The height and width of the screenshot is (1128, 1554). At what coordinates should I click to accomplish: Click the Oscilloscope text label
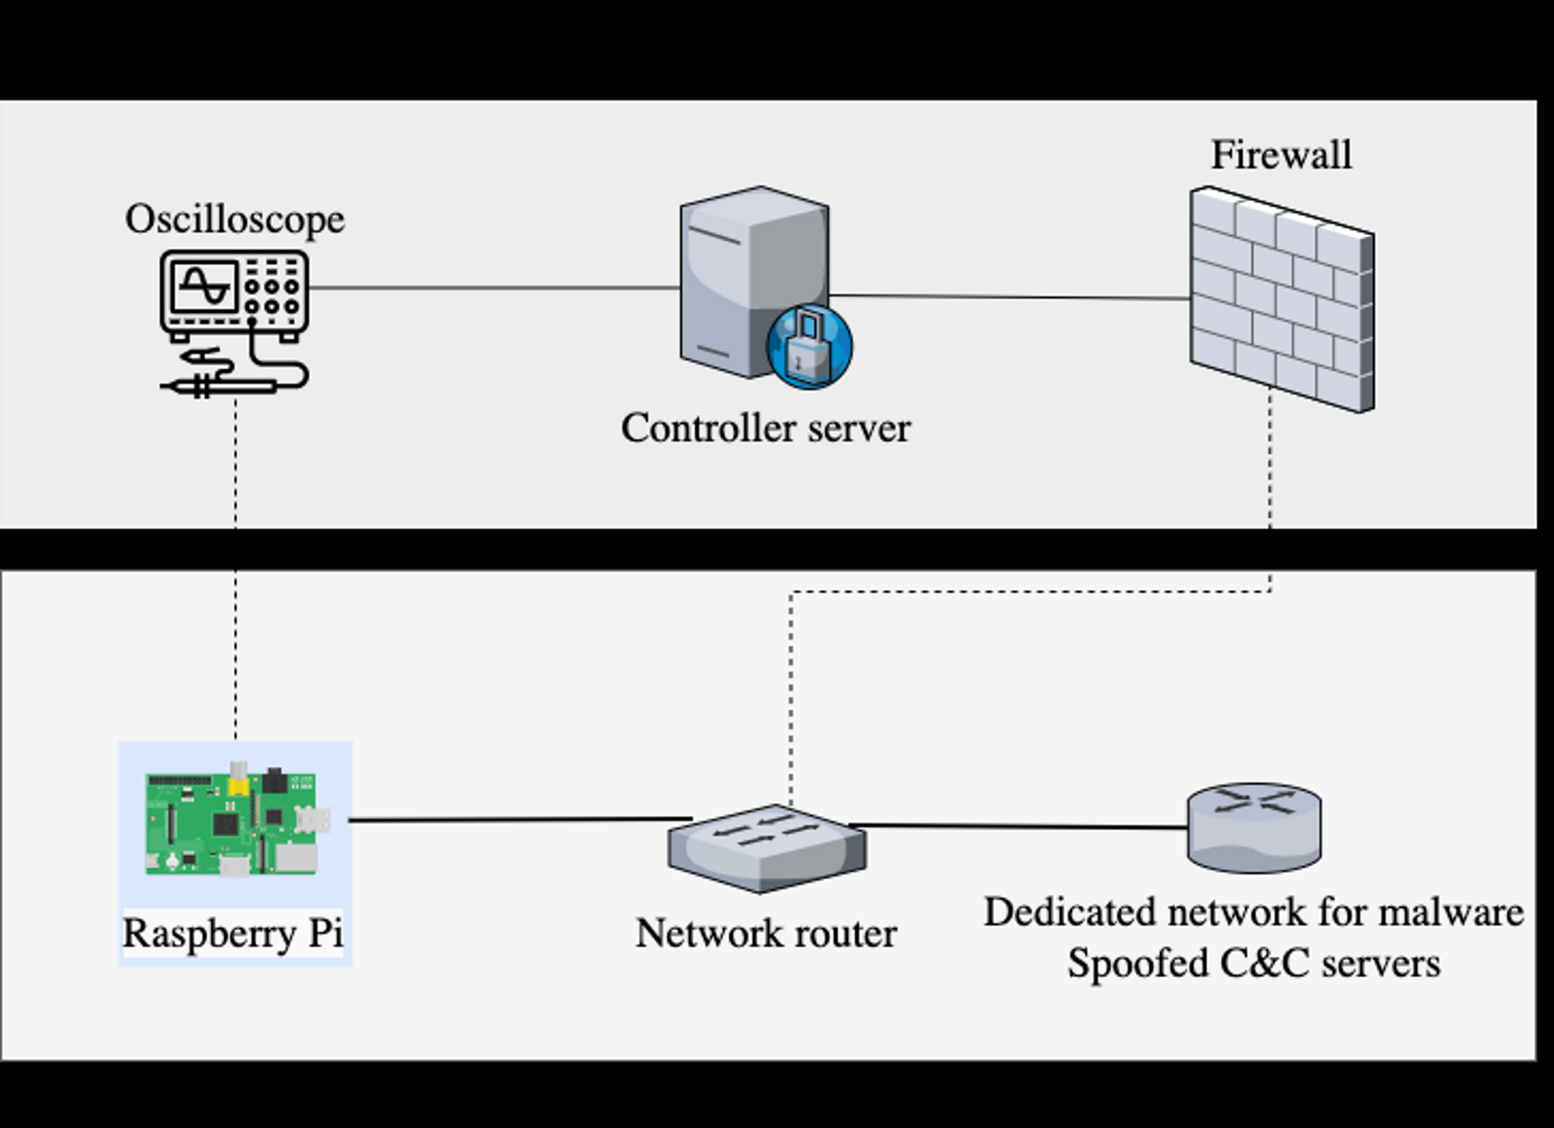[x=235, y=220]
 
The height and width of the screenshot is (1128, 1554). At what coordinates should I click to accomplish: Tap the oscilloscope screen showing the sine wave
[x=204, y=285]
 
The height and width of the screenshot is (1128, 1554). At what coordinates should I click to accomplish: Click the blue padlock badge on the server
[x=809, y=346]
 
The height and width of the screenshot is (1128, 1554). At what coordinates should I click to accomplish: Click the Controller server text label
[x=766, y=428]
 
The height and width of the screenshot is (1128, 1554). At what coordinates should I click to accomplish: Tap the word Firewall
[x=1281, y=155]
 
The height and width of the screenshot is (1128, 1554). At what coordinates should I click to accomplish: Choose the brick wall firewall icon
[x=1282, y=299]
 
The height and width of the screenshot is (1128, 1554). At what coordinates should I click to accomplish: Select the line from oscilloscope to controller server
[x=494, y=287]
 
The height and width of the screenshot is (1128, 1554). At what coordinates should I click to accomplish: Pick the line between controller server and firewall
[x=1009, y=297]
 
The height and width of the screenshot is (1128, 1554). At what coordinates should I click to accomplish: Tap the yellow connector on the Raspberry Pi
[x=238, y=785]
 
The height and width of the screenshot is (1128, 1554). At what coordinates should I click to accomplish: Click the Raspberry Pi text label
[x=233, y=933]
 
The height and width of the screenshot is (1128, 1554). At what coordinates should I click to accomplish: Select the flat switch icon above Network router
[x=768, y=849]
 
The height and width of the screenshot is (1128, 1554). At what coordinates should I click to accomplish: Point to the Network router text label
[x=767, y=933]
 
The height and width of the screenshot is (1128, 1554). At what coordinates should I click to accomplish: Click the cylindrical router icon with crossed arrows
[x=1254, y=827]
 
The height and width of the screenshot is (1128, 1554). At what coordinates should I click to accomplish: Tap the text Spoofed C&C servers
[x=1254, y=962]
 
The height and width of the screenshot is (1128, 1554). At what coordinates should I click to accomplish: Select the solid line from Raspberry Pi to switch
[x=520, y=820]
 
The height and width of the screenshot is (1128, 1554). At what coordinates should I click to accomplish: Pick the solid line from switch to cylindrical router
[x=1018, y=826]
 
